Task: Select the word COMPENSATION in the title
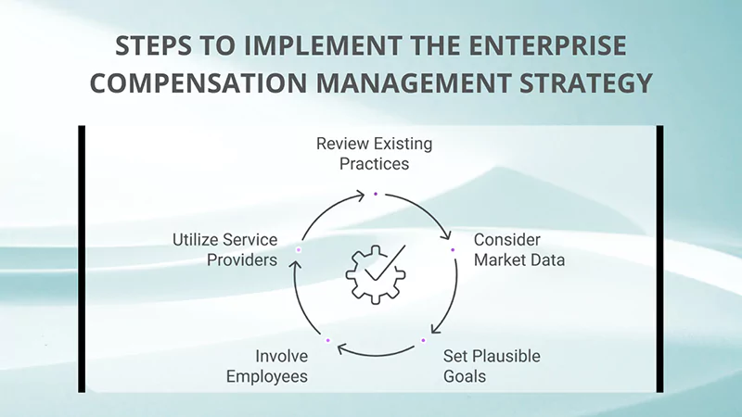click(x=206, y=83)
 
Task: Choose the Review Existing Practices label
click(x=374, y=154)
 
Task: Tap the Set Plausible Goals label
click(x=492, y=366)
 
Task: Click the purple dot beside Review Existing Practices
click(x=375, y=194)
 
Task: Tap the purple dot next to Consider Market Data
click(x=453, y=249)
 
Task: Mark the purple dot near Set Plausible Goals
click(x=423, y=340)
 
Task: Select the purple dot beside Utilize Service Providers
click(x=298, y=249)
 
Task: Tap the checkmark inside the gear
click(x=386, y=263)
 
